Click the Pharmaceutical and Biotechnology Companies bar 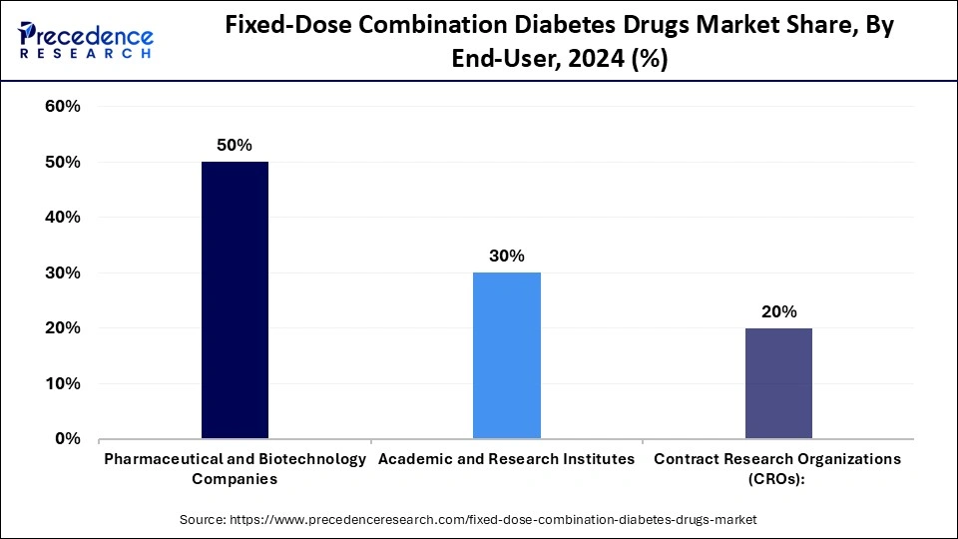coord(235,299)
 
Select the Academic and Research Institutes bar coord(506,354)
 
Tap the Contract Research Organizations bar coord(777,382)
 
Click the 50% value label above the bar coord(235,146)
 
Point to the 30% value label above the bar coord(506,257)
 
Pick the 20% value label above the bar coord(777,312)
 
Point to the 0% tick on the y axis coord(67,438)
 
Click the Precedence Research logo coord(86,40)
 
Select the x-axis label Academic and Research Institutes coord(506,459)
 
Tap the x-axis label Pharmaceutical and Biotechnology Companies coord(235,468)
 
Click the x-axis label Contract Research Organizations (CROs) coord(777,468)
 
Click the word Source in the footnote coord(204,519)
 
